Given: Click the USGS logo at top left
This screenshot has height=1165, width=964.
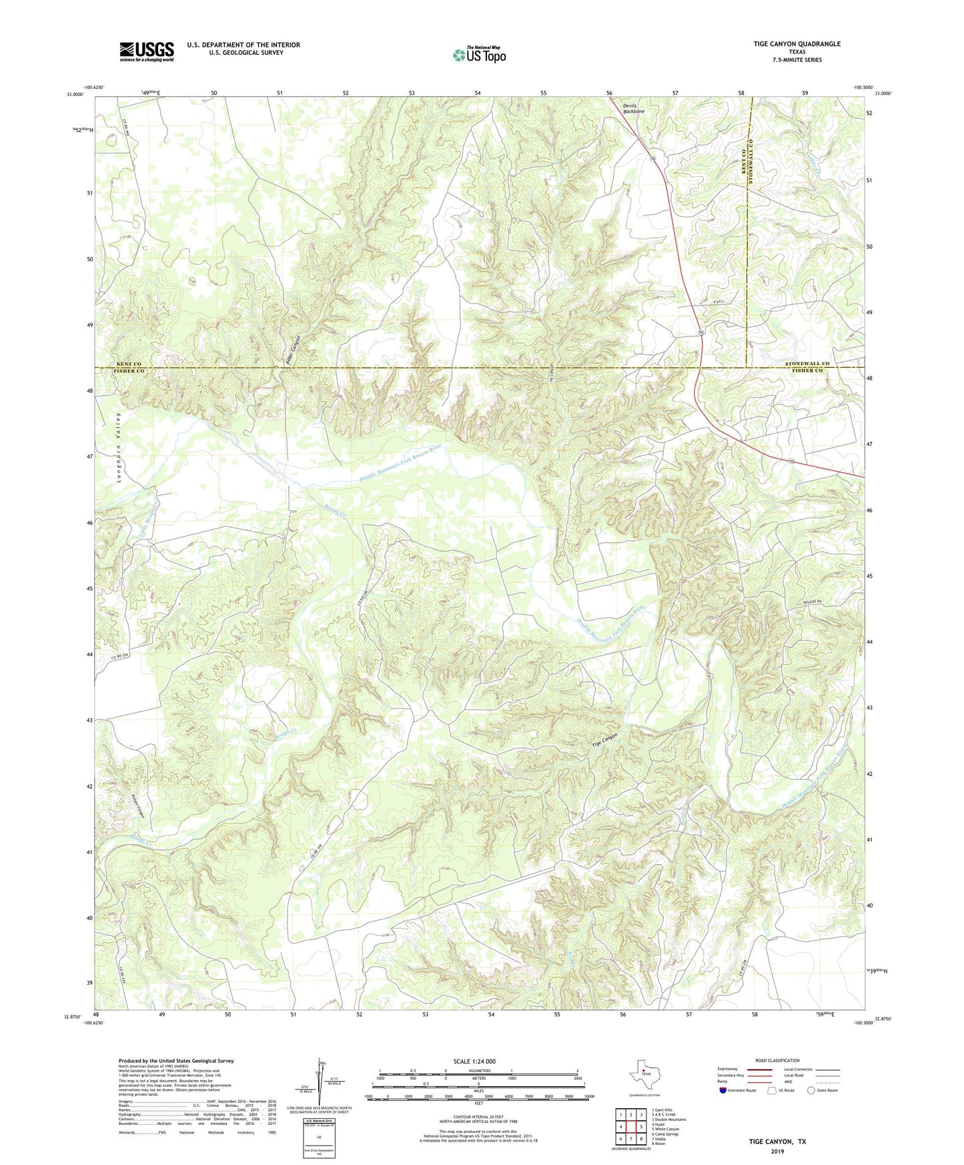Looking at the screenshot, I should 146,51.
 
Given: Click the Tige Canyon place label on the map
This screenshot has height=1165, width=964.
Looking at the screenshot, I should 605,740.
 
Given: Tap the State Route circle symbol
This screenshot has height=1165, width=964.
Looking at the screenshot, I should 811,1090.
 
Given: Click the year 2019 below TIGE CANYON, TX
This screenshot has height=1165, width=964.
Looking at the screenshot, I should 777,1151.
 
